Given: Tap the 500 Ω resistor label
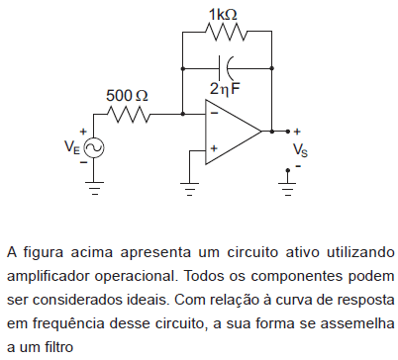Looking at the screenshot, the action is (x=128, y=96).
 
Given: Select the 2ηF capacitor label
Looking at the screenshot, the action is (x=226, y=88).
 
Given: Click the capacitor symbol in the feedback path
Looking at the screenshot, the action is (x=227, y=69).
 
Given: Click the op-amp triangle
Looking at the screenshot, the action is (x=232, y=131).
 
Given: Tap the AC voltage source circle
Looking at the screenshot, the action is (x=95, y=148).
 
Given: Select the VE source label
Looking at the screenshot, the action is (x=71, y=147).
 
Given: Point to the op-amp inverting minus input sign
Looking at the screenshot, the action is (x=214, y=113).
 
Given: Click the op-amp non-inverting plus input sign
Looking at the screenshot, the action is (x=214, y=150).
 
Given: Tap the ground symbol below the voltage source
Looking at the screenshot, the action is (x=95, y=187).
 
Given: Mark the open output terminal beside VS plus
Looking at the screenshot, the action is (x=288, y=131).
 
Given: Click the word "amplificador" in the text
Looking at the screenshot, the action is (x=48, y=274).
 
